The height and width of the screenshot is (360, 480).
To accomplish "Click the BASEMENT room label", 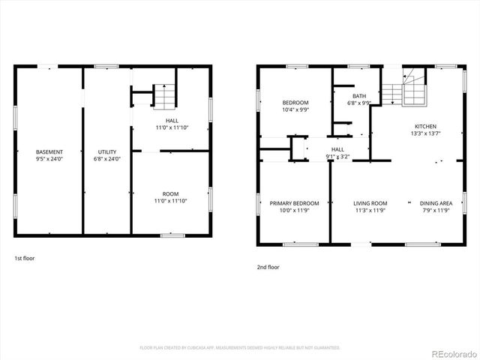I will point(49,152).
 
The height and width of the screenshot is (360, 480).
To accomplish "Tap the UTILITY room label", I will point(107,152).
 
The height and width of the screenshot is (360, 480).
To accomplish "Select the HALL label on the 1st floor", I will point(172,121).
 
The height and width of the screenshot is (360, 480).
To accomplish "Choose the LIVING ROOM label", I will point(370,203).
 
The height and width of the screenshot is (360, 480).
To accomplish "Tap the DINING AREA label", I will point(436,203).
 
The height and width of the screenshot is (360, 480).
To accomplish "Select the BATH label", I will point(359,96).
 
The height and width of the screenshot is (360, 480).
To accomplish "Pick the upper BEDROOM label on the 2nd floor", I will point(295,103).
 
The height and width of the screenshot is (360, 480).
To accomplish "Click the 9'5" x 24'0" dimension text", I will point(49,159).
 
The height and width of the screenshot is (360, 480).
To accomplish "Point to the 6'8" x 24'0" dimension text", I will point(107,159).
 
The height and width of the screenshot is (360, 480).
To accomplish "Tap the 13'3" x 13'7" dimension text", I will point(425,133).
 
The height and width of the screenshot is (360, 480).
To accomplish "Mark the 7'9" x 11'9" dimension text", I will point(436,210).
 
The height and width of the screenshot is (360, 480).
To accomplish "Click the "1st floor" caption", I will point(24,258).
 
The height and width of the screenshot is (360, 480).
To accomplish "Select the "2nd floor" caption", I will point(268,266).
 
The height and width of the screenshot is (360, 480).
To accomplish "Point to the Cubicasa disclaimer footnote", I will point(240,348).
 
